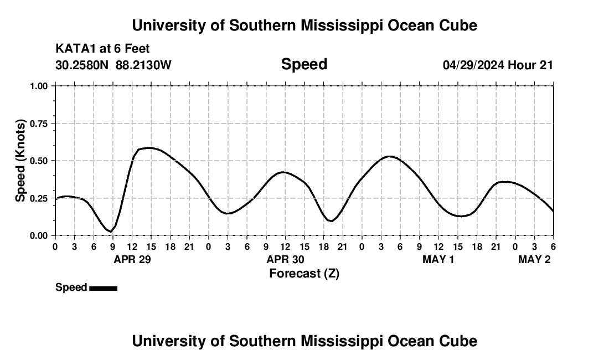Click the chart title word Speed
pyautogui.click(x=304, y=64)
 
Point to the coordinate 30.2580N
pyautogui.click(x=82, y=65)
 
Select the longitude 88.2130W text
pyautogui.click(x=143, y=65)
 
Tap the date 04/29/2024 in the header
pyautogui.click(x=473, y=65)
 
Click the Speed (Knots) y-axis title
pyautogui.click(x=20, y=161)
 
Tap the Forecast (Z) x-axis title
pyautogui.click(x=304, y=273)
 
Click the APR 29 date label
pyautogui.click(x=132, y=260)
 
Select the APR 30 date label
pyautogui.click(x=286, y=260)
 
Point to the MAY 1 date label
pyautogui.click(x=438, y=260)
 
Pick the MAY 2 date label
pyautogui.click(x=534, y=260)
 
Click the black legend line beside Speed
pyautogui.click(x=103, y=288)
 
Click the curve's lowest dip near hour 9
pyautogui.click(x=111, y=232)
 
